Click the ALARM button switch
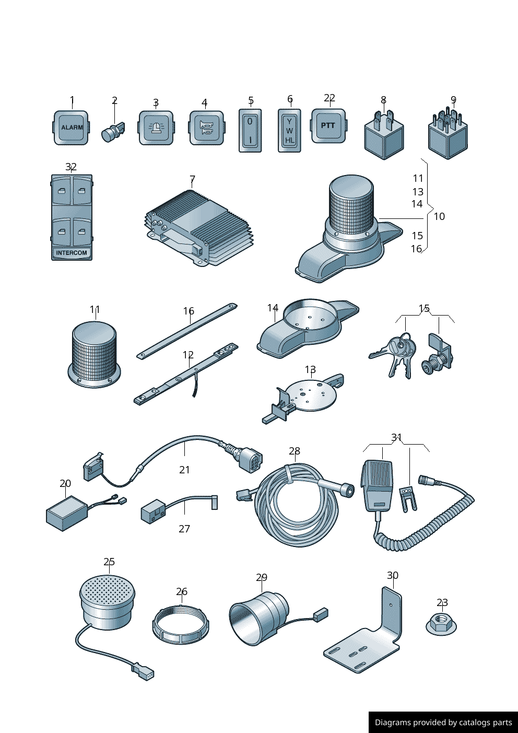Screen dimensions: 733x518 click(71, 127)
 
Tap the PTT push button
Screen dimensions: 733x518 click(328, 126)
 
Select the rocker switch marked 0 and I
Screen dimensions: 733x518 click(250, 131)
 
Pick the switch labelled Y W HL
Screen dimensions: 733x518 click(289, 131)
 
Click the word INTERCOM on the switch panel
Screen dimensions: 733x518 click(72, 253)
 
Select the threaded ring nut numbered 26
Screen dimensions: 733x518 click(180, 624)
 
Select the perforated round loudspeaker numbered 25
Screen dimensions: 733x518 click(107, 601)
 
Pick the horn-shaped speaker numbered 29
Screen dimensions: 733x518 click(258, 616)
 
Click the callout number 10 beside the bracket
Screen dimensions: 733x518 click(439, 216)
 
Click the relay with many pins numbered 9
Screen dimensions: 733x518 click(448, 137)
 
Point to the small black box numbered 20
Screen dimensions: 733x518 click(66, 513)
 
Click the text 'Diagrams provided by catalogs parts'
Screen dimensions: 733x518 click(443, 723)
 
